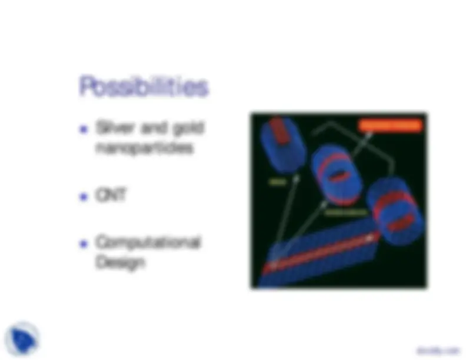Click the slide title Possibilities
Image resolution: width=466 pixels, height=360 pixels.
point(144,88)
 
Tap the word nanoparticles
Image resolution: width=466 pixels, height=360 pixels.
point(144,149)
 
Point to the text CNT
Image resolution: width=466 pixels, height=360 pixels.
point(111,196)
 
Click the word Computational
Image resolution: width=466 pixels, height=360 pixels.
point(148,242)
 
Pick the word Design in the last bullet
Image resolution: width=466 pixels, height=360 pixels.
point(120,262)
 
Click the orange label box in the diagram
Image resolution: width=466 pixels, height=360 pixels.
point(390,125)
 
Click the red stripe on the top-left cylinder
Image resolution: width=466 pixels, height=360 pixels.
point(281,132)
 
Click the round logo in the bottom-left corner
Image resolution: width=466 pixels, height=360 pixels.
point(22,338)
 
